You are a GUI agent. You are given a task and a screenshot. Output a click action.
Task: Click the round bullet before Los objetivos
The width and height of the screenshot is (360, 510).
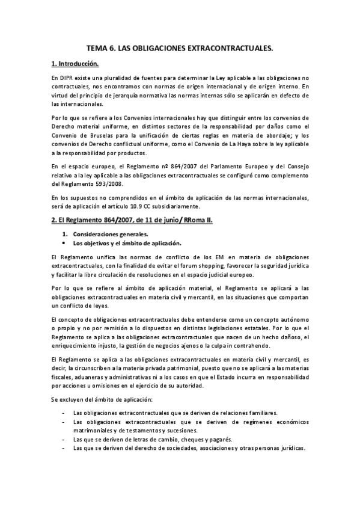pos(64,244)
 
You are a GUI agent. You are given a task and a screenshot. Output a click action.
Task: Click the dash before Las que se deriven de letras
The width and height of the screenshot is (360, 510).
pos(64,440)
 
